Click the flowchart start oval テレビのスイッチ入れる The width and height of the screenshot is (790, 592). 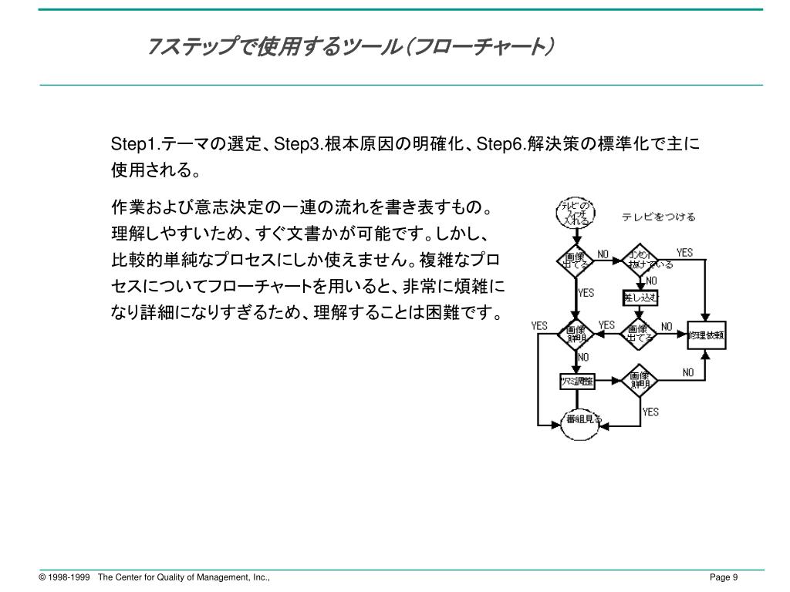tap(574, 214)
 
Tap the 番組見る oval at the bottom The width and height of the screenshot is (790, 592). tap(582, 419)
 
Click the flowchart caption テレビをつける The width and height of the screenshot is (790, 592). tap(658, 217)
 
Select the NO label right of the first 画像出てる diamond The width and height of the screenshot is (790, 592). tap(603, 254)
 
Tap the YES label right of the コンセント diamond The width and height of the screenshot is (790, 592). tap(684, 253)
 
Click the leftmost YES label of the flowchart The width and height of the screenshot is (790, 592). tap(539, 325)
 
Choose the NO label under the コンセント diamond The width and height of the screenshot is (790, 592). tap(651, 281)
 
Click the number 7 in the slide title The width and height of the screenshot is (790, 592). tap(152, 49)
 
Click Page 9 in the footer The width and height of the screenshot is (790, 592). tap(724, 578)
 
